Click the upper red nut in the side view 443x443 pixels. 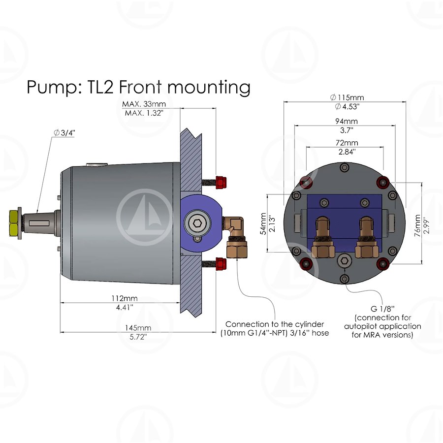pyautogui.click(x=221, y=183)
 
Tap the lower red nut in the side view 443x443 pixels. pyautogui.click(x=221, y=263)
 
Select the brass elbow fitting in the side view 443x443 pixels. pyautogui.click(x=235, y=238)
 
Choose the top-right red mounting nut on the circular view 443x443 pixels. pyautogui.click(x=383, y=181)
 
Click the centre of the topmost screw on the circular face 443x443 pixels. pyautogui.click(x=344, y=168)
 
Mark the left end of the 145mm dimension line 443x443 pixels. pyautogui.click(x=61, y=332)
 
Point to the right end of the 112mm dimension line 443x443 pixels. pyautogui.click(x=180, y=303)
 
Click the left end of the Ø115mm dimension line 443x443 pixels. pyautogui.click(x=284, y=102)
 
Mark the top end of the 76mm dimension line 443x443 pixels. pyautogui.click(x=421, y=183)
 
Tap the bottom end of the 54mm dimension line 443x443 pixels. pyautogui.click(x=267, y=252)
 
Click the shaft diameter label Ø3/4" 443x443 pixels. pyautogui.click(x=64, y=133)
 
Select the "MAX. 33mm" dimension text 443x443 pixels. pyautogui.click(x=144, y=104)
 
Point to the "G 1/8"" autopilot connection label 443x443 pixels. pyautogui.click(x=382, y=308)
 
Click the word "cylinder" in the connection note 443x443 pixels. pyautogui.click(x=310, y=324)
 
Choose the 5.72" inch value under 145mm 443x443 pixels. pyautogui.click(x=138, y=337)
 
